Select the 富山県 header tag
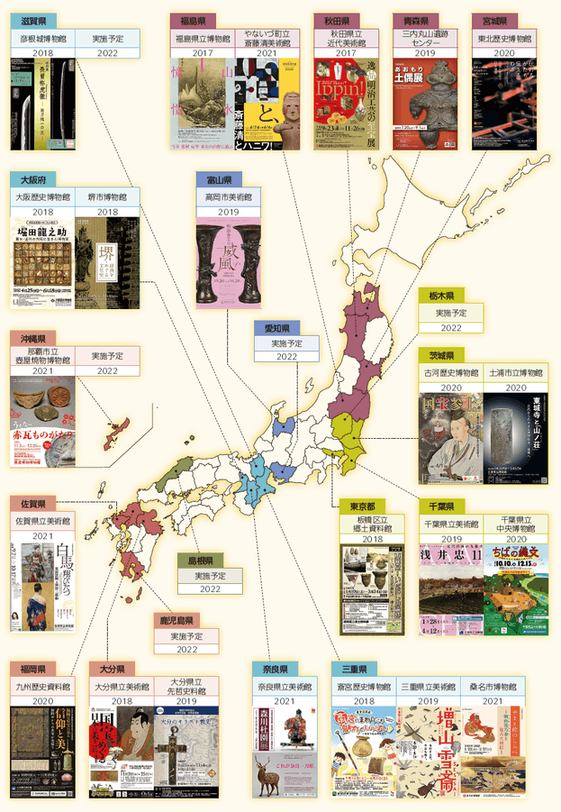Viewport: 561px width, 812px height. [x=219, y=179]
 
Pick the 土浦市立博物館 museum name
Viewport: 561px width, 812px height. [x=516, y=372]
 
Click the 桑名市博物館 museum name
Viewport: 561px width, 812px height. [x=519, y=688]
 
